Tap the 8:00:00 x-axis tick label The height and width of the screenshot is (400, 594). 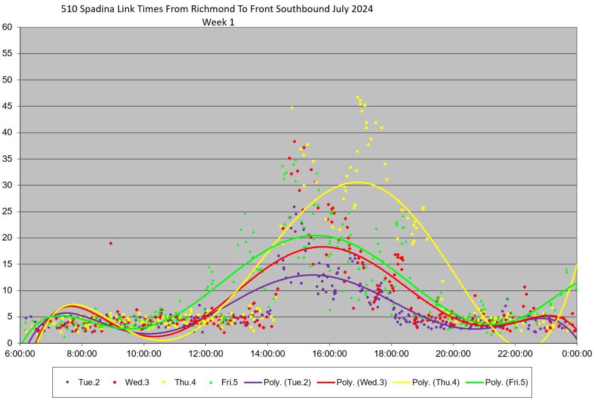coord(82,352)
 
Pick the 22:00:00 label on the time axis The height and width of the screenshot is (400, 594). coord(515,352)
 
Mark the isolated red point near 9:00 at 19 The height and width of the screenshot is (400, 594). coord(110,243)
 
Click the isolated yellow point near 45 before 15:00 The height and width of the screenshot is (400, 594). coord(292,107)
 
